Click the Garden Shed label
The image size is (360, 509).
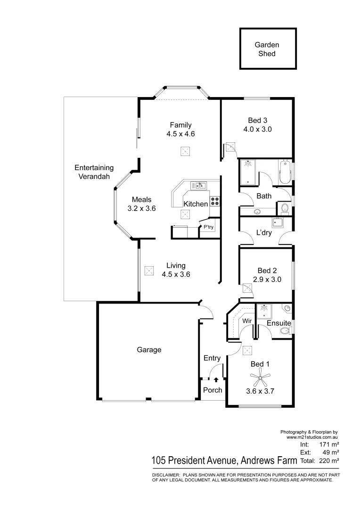pos(267,49)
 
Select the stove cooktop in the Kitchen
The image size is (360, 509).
pos(214,201)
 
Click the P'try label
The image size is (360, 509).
pos(208,227)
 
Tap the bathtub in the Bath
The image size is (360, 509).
pos(285,172)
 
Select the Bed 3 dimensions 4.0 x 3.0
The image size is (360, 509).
pos(258,129)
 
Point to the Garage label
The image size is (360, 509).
pos(149,350)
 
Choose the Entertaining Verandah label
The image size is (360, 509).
pos(94,172)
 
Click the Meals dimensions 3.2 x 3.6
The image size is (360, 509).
pos(141,208)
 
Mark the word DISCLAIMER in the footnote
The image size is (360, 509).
pos(165,475)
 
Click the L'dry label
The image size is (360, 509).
pos(263,233)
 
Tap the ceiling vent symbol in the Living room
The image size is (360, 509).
pos(149,271)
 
